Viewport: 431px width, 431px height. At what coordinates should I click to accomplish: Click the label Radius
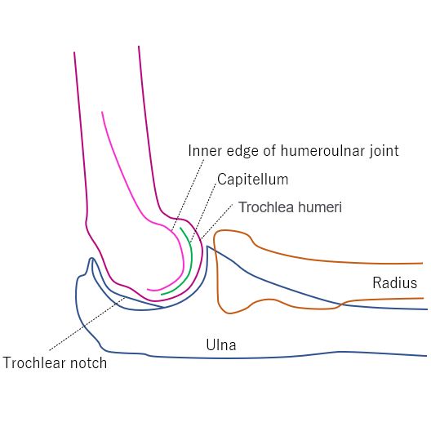point(395,282)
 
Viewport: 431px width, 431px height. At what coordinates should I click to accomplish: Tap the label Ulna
point(221,344)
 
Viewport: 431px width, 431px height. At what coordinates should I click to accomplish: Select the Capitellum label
point(252,180)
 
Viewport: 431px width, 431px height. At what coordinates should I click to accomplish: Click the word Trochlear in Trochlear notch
point(35,362)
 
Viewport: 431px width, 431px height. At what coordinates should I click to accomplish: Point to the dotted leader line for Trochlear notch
point(87,323)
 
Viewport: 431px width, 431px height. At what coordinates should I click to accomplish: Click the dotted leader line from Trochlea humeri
point(217,221)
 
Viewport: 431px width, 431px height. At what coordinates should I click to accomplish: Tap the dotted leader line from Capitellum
point(203,212)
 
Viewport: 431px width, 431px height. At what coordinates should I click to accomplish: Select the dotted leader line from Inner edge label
point(188,194)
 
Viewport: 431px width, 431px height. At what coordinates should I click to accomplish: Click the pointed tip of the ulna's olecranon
point(91,258)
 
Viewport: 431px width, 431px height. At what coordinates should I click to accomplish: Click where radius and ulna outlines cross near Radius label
point(340,304)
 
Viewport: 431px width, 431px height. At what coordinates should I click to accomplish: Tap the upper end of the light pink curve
point(102,112)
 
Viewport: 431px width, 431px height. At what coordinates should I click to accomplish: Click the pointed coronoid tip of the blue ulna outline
point(207,247)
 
